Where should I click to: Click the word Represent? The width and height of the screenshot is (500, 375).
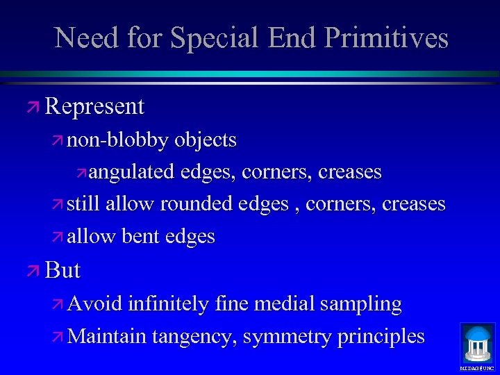tap(94, 106)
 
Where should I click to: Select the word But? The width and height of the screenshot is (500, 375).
tap(63, 269)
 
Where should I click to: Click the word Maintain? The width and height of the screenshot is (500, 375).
tap(108, 336)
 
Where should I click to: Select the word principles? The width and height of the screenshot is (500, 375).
tap(381, 337)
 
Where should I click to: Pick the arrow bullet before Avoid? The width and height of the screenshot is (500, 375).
tap(58, 304)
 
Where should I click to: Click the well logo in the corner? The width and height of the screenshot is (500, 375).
tap(477, 344)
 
